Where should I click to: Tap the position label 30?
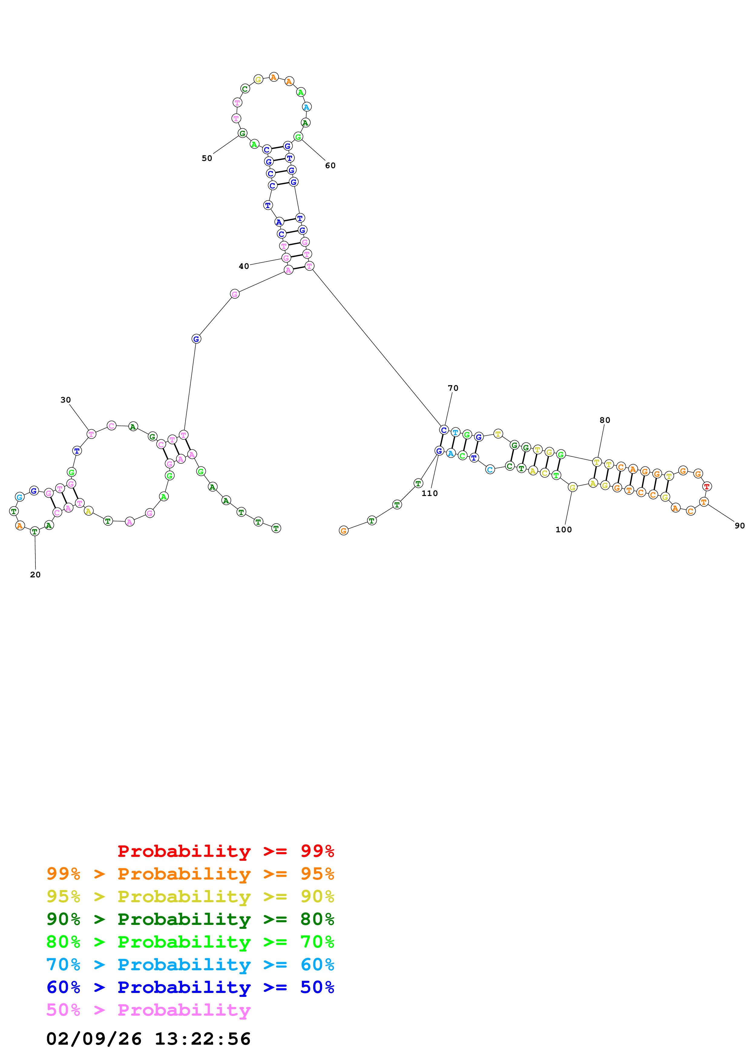coord(66,400)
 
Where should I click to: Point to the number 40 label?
coord(244,266)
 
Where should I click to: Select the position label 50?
coord(207,158)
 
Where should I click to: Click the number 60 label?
coord(330,165)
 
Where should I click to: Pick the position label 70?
coord(453,388)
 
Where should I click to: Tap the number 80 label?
coord(604,420)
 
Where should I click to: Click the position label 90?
coord(739,525)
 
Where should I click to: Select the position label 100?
coord(563,530)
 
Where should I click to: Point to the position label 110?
coord(429,493)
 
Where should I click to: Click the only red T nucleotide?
coord(706,486)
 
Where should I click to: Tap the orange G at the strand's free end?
coord(343,530)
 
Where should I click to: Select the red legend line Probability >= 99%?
coord(225,851)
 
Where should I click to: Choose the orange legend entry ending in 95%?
coord(190,874)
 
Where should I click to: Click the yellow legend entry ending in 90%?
coord(190,896)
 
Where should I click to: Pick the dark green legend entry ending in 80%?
coord(190,919)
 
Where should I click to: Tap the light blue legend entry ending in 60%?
coord(190,965)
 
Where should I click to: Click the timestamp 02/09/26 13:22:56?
coord(148,1039)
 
